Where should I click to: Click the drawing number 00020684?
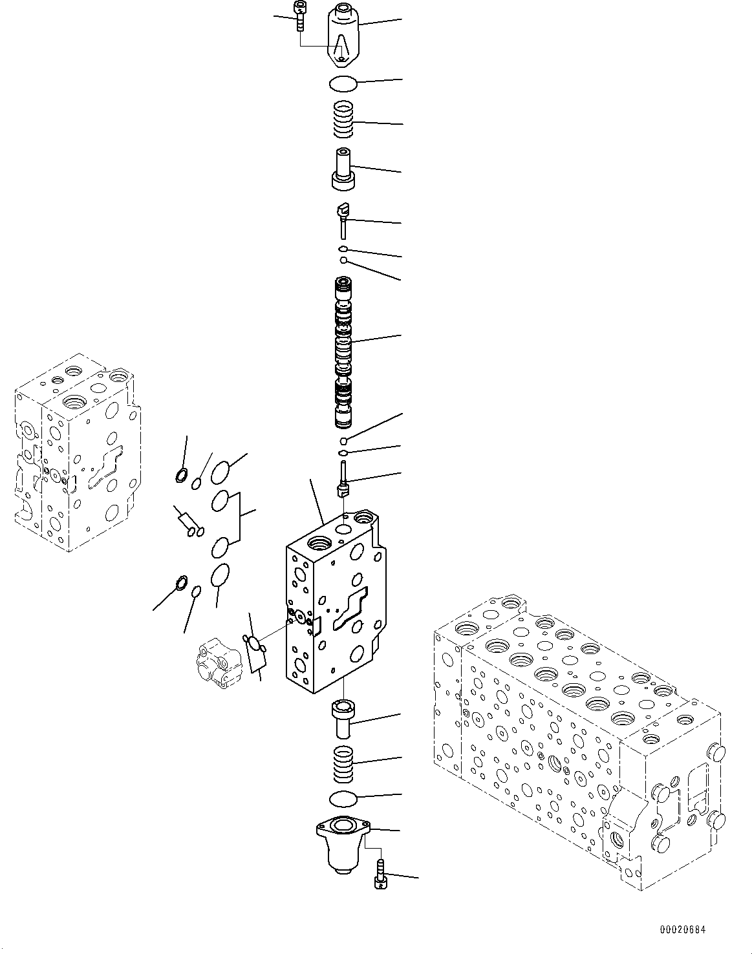point(682,930)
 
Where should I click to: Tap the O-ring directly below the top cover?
point(343,83)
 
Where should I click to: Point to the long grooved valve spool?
point(343,352)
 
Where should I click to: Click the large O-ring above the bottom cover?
point(343,800)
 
